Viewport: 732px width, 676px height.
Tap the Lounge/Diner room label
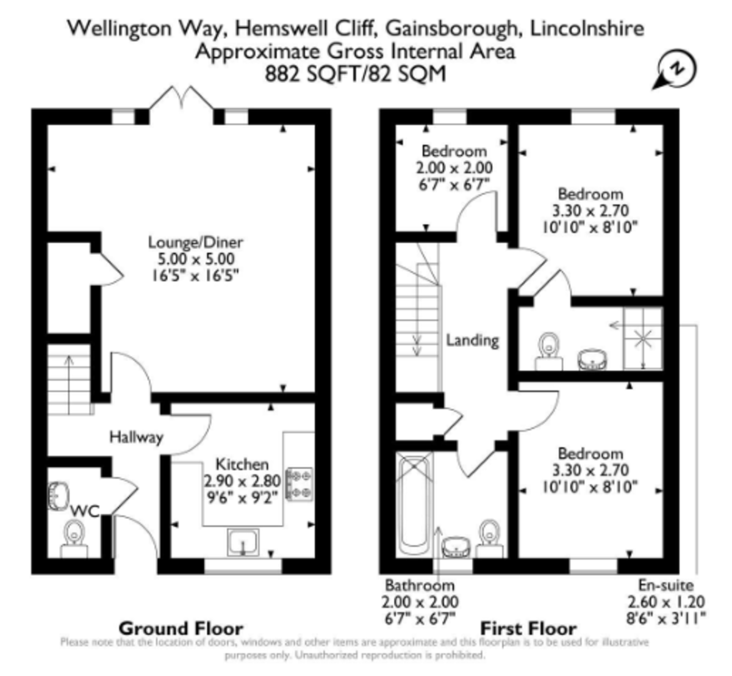[x=192, y=242]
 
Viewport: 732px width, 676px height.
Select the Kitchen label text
[x=242, y=465]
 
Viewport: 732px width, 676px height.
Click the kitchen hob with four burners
[x=299, y=484]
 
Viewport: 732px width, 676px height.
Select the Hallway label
[x=136, y=437]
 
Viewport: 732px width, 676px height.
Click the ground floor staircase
[x=69, y=379]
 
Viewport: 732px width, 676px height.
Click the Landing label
[x=472, y=340]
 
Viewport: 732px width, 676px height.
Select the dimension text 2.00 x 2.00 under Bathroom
[x=420, y=601]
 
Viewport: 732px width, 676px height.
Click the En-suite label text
[x=666, y=584]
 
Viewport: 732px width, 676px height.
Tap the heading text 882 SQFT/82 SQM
[x=355, y=74]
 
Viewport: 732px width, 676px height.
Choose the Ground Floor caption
[x=181, y=628]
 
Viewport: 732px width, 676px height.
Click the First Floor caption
[x=528, y=628]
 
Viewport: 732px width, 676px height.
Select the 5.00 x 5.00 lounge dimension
[x=192, y=259]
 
